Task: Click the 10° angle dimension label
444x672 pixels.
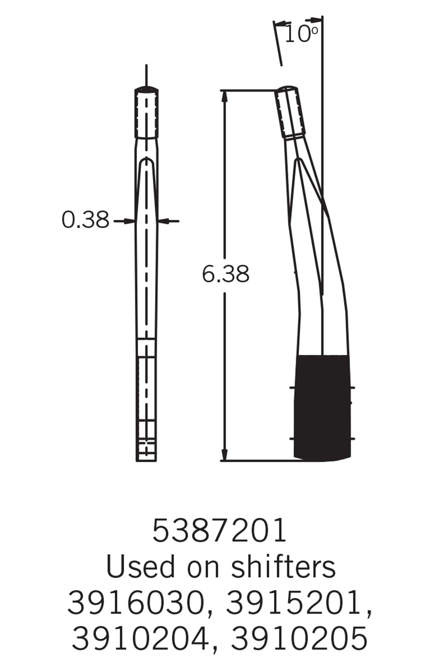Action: coord(301,34)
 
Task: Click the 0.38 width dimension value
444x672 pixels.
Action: coord(85,220)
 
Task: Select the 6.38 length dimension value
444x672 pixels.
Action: coord(225,274)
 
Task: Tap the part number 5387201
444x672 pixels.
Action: coord(219,531)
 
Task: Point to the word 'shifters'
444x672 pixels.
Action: coord(283,567)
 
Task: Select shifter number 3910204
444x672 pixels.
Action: coord(140,638)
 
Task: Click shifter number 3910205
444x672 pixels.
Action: coord(299,638)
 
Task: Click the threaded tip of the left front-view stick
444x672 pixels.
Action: coord(147,113)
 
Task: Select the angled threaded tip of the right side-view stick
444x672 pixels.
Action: coord(291,112)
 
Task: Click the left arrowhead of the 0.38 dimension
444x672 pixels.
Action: coord(130,220)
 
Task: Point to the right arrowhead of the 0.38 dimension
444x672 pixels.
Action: coord(163,220)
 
